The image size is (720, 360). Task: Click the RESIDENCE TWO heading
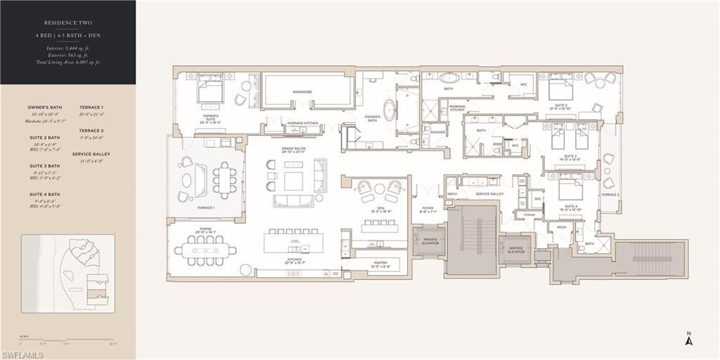tap(68, 22)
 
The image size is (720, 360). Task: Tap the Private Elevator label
tap(430, 241)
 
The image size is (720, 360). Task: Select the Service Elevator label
tap(515, 250)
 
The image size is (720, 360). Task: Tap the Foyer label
tap(427, 209)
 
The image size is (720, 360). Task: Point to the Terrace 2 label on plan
tap(610, 195)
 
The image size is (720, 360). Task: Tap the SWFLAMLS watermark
tap(23, 354)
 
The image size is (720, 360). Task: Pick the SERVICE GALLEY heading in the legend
tap(91, 154)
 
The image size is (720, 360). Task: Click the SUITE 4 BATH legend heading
tap(44, 194)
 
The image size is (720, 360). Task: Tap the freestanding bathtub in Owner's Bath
tap(389, 109)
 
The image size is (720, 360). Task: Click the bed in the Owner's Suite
tap(209, 90)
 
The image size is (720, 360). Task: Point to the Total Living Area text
tap(69, 62)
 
